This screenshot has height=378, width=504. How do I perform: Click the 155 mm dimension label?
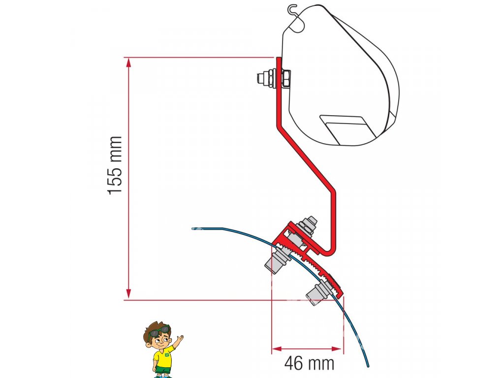[x=115, y=165]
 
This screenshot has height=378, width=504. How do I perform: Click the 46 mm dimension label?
[x=309, y=364]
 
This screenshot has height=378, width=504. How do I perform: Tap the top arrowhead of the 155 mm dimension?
[x=129, y=62]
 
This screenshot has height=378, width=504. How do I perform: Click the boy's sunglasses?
[x=159, y=332]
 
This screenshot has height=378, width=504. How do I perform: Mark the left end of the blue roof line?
[x=193, y=228]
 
